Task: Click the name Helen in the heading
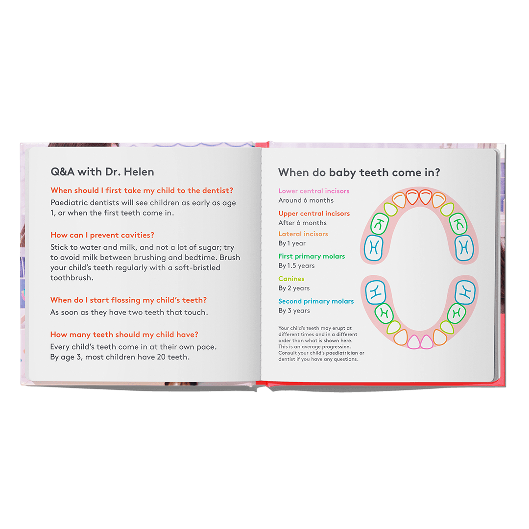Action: [x=140, y=172]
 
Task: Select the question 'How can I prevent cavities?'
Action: [x=102, y=236]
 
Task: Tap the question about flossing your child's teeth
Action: [x=128, y=300]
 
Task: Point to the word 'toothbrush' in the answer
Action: [x=72, y=277]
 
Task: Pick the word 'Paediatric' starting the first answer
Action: [x=69, y=203]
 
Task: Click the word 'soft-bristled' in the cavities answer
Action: [x=196, y=267]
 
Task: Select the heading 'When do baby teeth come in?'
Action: [x=359, y=172]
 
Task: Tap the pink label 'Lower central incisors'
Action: [x=314, y=191]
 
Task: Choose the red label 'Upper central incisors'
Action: [x=314, y=214]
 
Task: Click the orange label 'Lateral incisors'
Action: [x=303, y=234]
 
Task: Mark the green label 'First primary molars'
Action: [x=312, y=256]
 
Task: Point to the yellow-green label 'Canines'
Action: [x=291, y=279]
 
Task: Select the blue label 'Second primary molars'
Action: [x=316, y=301]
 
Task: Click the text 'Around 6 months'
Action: [x=306, y=200]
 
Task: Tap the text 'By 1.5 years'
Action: [x=297, y=265]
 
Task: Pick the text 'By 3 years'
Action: [x=294, y=311]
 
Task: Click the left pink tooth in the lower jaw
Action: [x=414, y=341]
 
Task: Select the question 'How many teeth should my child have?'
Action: [x=124, y=335]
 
